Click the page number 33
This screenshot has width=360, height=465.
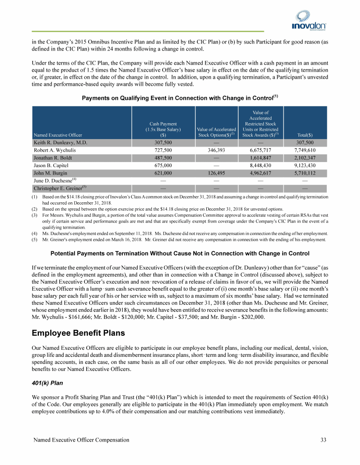coord(323,440)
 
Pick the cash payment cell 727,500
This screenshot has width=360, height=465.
coord(164,150)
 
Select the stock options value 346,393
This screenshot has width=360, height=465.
coord(216,150)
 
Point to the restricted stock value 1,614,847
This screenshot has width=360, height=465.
coord(260,158)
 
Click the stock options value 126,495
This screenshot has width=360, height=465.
coord(216,173)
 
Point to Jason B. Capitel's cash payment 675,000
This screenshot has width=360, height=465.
coord(164,165)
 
